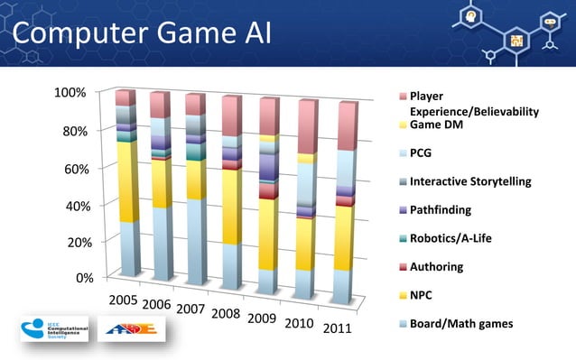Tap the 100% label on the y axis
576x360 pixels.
[x=70, y=93]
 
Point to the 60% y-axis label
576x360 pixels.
[x=73, y=169]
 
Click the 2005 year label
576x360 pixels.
[x=123, y=299]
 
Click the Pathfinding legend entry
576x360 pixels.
[x=441, y=210]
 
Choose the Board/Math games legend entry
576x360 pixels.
[x=460, y=324]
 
